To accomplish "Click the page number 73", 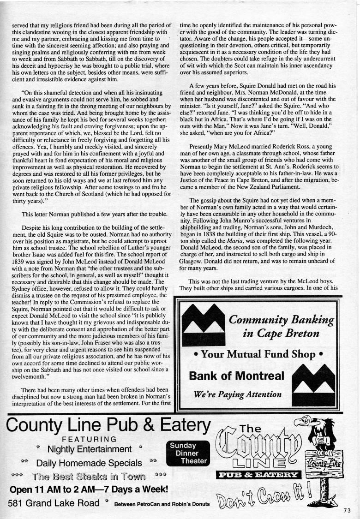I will (348, 510).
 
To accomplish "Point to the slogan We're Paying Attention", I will (238, 394).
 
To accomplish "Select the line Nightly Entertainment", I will (89, 448).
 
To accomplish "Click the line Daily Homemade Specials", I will (89, 462).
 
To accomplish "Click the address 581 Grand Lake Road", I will (54, 503).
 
